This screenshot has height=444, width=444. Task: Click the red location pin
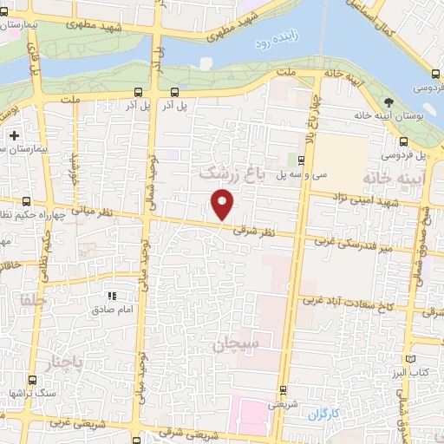[222, 205]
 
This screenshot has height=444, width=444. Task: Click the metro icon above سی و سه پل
[300, 160]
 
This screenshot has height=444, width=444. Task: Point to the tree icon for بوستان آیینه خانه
[388, 101]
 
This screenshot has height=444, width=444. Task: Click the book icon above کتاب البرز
[411, 358]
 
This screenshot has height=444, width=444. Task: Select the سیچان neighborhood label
[236, 344]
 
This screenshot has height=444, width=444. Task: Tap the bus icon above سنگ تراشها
[33, 380]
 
